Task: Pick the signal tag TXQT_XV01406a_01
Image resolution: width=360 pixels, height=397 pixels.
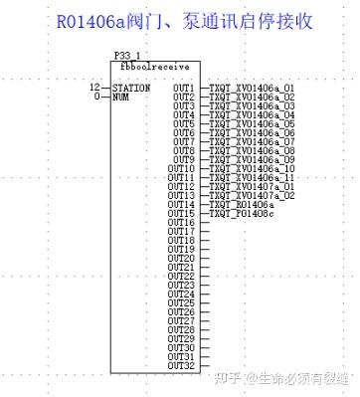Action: pos(252,88)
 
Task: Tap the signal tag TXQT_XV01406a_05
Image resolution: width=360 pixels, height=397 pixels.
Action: pos(252,123)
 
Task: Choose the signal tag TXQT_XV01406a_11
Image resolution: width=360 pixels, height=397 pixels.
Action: pos(252,177)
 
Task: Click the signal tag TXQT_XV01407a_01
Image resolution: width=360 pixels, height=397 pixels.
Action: pos(252,186)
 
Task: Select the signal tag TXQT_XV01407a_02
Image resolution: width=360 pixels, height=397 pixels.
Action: pos(252,195)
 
